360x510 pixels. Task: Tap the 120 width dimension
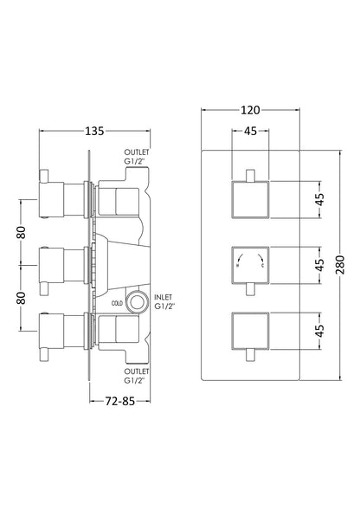click(252, 110)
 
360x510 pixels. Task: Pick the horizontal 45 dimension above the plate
click(252, 132)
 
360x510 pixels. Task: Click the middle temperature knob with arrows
click(252, 264)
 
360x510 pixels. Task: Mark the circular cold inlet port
click(134, 303)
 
